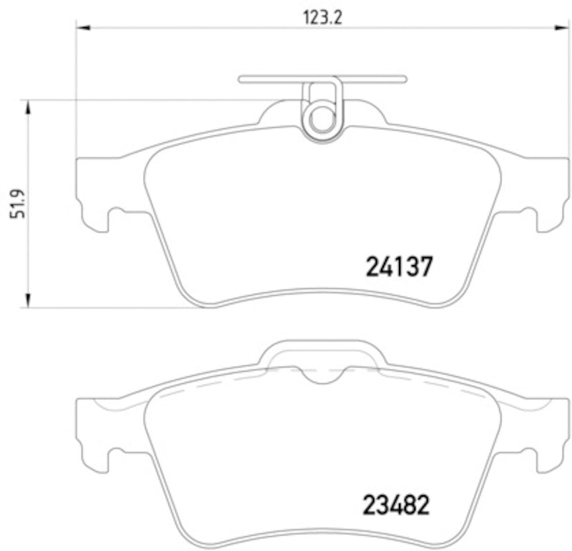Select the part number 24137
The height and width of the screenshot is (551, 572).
pos(399,267)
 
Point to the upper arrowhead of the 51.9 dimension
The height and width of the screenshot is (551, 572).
pos(29,108)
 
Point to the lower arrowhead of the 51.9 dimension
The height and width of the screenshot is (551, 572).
pos(29,300)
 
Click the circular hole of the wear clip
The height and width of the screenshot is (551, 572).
pos(322,119)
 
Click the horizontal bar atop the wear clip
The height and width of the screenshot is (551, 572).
pos(322,79)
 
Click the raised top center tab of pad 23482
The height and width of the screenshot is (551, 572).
pos(322,353)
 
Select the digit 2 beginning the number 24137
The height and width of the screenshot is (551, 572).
pos(374,267)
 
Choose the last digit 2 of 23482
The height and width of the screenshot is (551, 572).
pos(423,506)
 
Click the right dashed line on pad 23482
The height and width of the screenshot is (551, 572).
pos(436,383)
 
